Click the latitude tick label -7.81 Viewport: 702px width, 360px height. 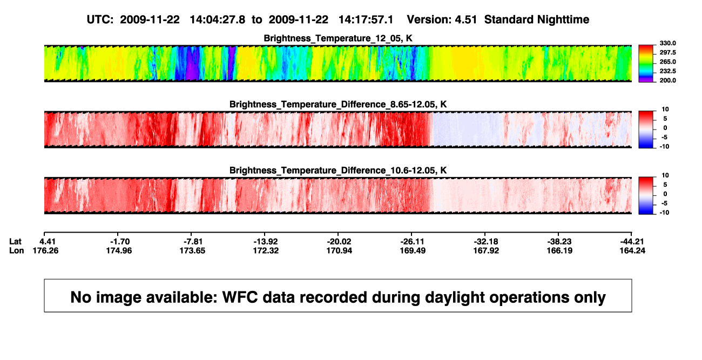point(193,242)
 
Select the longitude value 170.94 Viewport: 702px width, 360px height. point(339,250)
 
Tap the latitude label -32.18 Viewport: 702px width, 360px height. point(486,242)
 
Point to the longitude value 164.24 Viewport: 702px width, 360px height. point(632,250)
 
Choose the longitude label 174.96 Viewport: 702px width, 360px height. point(119,250)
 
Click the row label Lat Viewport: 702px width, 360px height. point(15,242)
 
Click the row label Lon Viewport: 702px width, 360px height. point(16,250)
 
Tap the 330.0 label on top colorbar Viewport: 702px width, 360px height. point(667,43)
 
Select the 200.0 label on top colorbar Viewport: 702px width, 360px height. point(667,80)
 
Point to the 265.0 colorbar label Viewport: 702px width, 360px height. point(667,62)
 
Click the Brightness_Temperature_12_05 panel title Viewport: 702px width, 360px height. point(338,38)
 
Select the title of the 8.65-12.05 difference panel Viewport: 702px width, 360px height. point(338,104)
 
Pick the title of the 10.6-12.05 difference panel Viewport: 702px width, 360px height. point(338,171)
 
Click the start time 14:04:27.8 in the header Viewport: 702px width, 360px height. point(218,20)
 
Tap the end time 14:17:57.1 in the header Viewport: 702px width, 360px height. point(366,20)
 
